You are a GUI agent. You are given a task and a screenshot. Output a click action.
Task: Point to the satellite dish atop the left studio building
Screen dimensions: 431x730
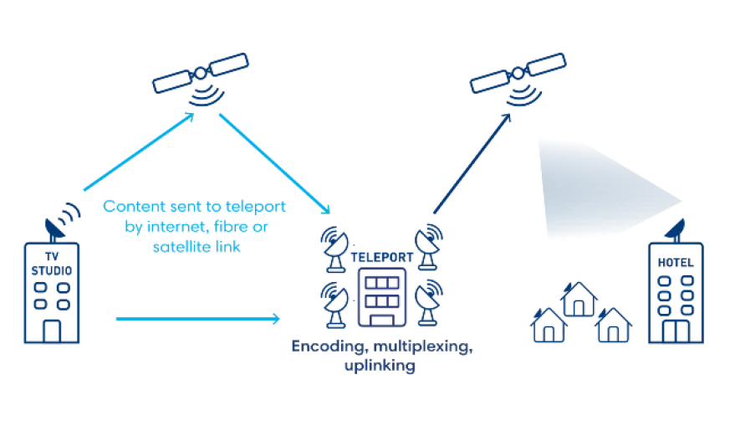pos(63,219)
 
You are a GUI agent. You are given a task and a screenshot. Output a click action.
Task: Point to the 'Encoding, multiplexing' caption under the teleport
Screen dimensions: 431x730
pos(380,349)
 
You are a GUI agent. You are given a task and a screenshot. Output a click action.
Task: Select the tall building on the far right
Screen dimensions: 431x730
pos(676,293)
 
